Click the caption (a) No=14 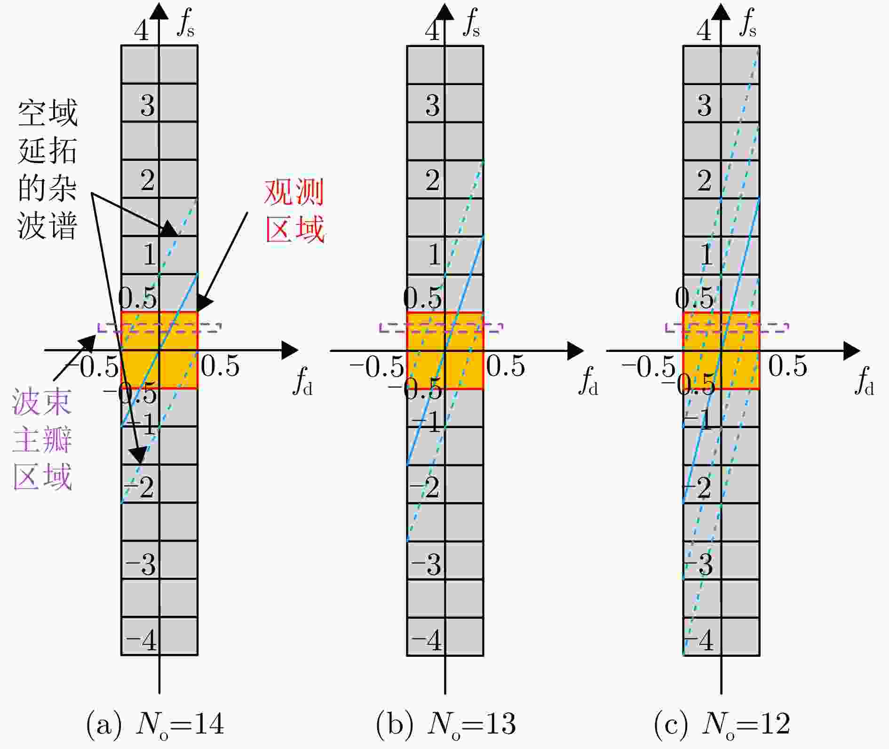(155, 724)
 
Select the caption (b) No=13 (446, 724)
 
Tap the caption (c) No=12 (722, 724)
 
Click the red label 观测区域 (294, 211)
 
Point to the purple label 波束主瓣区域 (42, 439)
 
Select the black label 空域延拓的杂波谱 (48, 169)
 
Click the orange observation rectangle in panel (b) (445, 350)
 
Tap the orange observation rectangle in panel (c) (721, 350)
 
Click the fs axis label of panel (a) (185, 24)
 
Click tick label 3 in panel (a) (148, 105)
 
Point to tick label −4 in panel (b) (427, 640)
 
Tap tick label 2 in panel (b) (433, 181)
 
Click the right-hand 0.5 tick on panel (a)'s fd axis (220, 366)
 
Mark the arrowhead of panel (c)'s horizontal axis (852, 351)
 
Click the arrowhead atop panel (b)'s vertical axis (445, 10)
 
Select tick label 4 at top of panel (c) (704, 31)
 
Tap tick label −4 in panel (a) (141, 640)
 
